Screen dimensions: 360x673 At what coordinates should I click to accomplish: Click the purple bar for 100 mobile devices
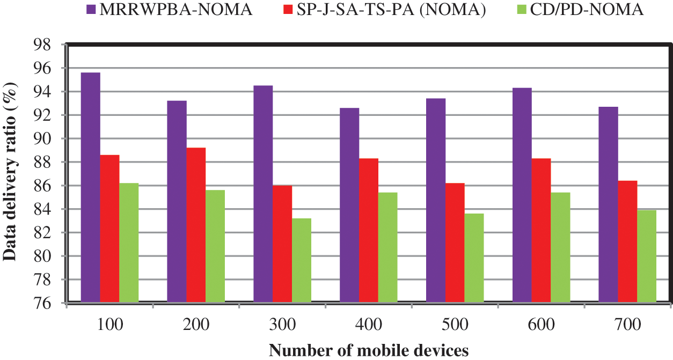(x=90, y=188)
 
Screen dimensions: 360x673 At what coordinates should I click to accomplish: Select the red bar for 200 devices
(x=196, y=225)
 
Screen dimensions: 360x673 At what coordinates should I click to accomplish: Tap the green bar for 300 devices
(x=302, y=261)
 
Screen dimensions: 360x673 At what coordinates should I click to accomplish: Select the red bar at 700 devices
(x=627, y=242)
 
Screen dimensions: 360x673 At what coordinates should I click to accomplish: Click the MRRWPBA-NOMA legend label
(x=175, y=9)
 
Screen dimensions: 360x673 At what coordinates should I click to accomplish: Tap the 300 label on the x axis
(x=283, y=325)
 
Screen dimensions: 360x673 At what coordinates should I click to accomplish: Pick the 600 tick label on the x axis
(x=542, y=325)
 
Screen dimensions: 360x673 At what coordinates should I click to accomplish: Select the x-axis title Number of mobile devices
(x=369, y=351)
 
